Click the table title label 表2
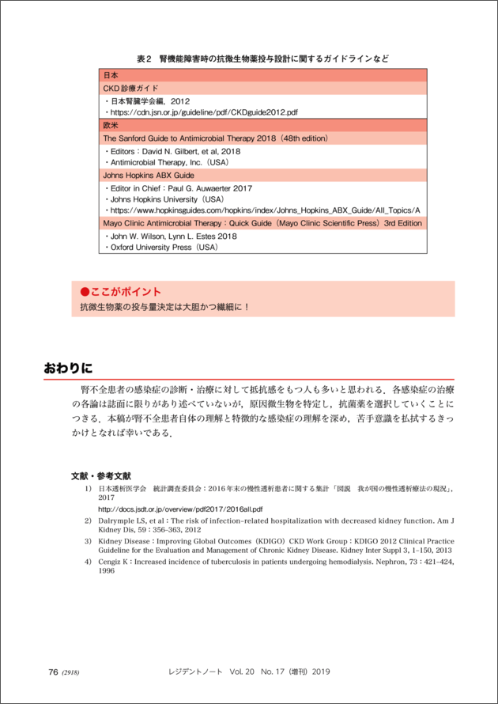[143, 59]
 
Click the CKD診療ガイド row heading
[131, 88]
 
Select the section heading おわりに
[68, 368]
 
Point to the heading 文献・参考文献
[101, 476]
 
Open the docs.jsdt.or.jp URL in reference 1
[180, 509]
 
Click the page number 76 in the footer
[53, 672]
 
